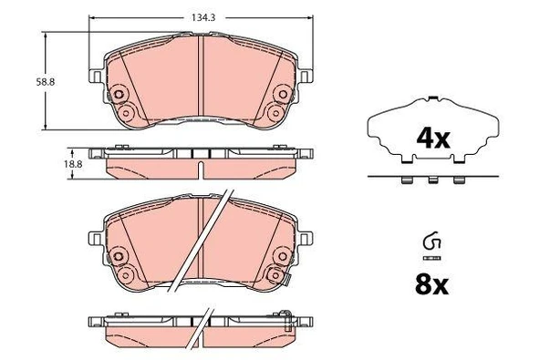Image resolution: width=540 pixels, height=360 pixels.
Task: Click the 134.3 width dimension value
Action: pos(203,17)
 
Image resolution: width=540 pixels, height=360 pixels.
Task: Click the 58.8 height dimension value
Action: pos(46,82)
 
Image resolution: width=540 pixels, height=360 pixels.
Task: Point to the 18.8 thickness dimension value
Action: pos(73,164)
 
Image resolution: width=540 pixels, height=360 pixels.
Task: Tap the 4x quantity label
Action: pos(433,139)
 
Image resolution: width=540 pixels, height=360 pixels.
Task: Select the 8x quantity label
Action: pos(431,285)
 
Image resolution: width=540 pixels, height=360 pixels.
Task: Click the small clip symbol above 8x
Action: pos(431,241)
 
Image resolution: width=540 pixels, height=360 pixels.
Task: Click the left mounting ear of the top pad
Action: pos(96,76)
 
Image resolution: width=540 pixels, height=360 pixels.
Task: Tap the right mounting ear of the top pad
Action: pos(306,76)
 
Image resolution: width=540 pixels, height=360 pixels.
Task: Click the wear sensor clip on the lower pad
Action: pos(286,277)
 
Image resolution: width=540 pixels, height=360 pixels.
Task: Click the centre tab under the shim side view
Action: pos(433,180)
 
